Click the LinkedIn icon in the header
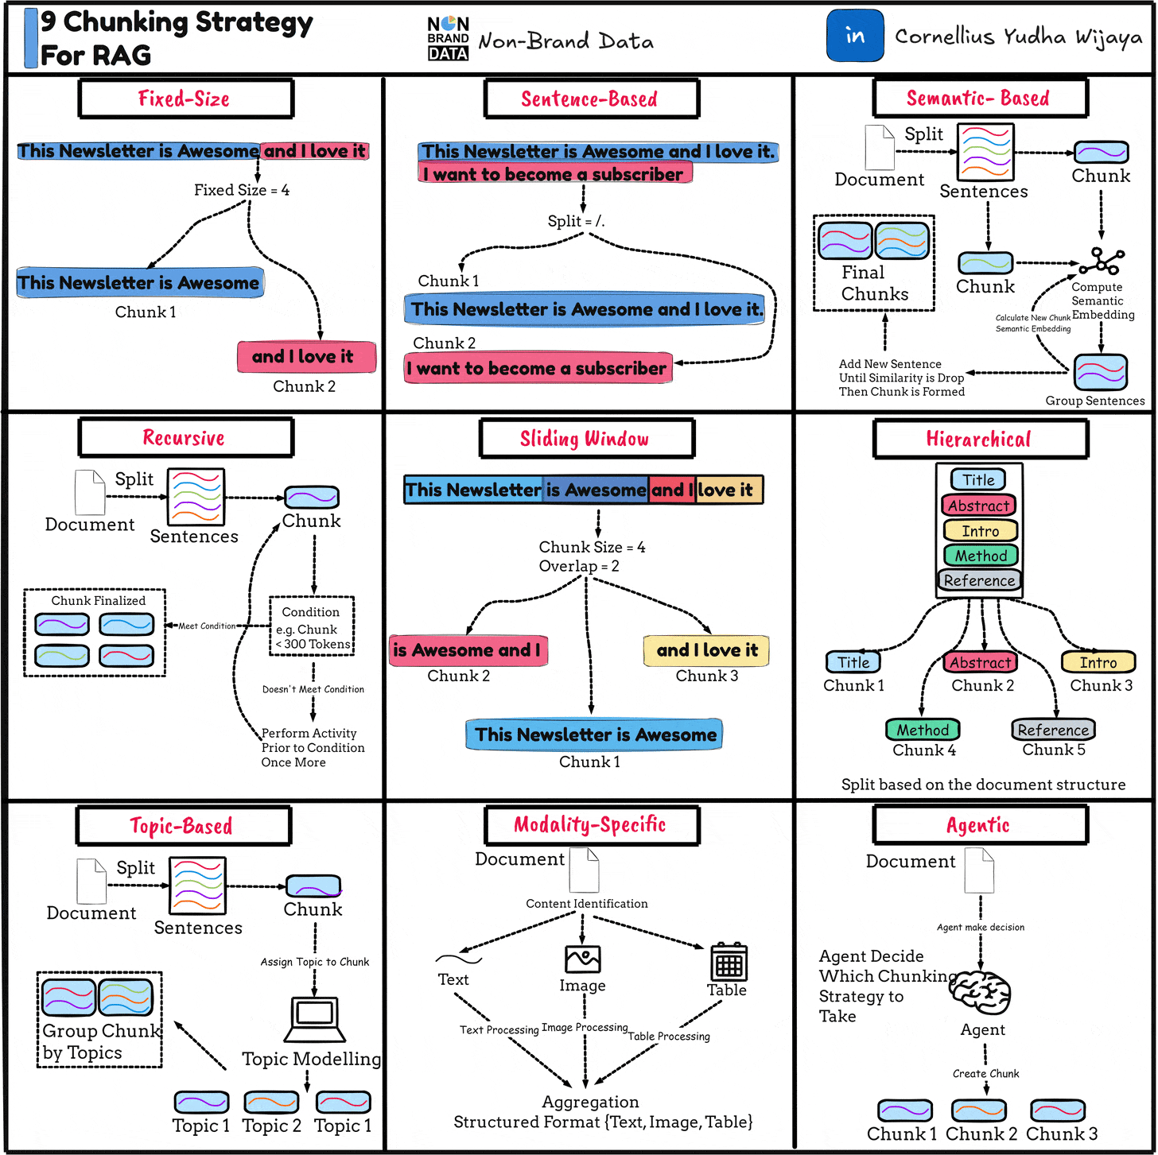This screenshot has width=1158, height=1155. coord(855,36)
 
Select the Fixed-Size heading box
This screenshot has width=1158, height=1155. coord(186,99)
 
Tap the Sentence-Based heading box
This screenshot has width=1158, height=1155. coord(591,99)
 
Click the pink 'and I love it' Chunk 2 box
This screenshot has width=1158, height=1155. coord(306,357)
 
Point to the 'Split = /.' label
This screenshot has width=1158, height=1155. coord(576,221)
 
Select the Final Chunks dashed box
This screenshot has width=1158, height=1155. coord(873,262)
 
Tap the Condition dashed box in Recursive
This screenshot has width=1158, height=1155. coord(312,626)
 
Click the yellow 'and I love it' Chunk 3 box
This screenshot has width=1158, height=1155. coord(706,650)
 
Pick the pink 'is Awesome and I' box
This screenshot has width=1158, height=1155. coord(468,650)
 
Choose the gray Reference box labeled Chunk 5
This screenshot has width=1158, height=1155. coord(1053,730)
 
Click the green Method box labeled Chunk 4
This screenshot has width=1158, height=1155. coord(923,730)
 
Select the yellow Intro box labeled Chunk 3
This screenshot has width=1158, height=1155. coord(1098,662)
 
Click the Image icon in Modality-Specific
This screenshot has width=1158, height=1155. coord(583,959)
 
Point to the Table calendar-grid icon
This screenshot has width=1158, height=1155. coord(729,962)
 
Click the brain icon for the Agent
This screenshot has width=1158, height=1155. coord(981,991)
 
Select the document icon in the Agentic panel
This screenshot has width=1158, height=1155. coord(979,870)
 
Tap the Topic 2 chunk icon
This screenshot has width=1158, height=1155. coord(271,1103)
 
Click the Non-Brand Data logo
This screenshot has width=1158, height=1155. coord(448,38)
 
